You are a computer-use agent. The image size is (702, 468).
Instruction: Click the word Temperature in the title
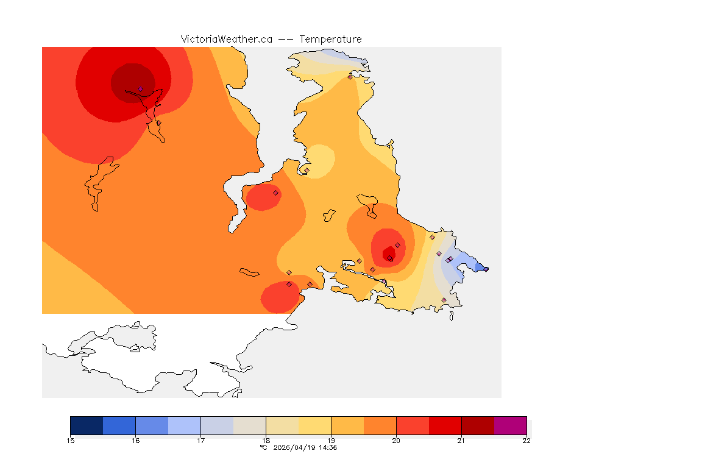tap(330, 39)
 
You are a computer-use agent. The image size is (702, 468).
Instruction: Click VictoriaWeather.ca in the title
tap(226, 39)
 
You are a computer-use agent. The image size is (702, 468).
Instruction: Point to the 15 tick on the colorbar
tap(70, 441)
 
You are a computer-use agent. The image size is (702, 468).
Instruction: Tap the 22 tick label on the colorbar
tap(526, 441)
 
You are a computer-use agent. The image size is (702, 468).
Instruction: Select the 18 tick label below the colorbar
tap(266, 441)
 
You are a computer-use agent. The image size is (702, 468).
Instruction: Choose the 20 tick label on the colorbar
tap(396, 441)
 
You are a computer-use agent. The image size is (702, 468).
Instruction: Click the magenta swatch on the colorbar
tap(510, 425)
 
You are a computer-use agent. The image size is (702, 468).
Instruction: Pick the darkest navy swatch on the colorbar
tap(87, 425)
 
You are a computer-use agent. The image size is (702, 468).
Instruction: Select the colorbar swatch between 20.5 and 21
tap(445, 425)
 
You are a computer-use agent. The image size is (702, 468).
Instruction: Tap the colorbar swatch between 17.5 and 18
tap(249, 425)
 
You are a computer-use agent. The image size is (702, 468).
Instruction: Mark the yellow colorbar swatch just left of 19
tap(314, 425)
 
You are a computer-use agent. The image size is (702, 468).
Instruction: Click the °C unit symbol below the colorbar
tap(264, 448)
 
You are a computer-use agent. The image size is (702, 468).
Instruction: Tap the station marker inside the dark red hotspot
tap(140, 89)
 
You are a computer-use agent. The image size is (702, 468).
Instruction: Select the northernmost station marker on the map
tap(350, 77)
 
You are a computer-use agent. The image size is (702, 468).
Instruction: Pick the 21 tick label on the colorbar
tap(461, 441)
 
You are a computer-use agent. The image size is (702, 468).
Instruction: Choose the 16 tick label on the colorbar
tap(135, 441)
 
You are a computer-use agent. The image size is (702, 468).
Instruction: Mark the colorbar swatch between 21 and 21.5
tap(478, 425)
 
